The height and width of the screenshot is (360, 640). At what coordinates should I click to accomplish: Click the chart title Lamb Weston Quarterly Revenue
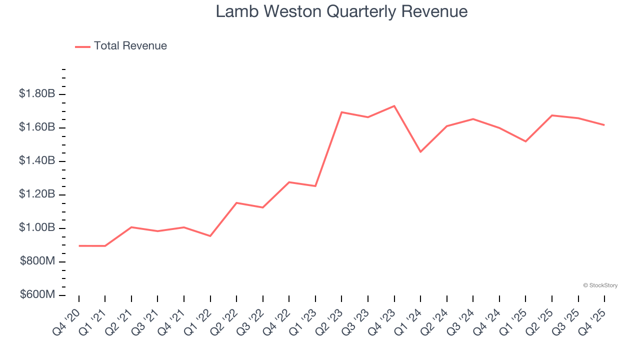click(x=341, y=11)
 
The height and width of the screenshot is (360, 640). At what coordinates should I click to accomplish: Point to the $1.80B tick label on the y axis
click(x=37, y=93)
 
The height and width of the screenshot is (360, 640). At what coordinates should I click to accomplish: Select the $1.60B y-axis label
click(x=37, y=127)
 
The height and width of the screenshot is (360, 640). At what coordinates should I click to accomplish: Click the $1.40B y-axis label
click(x=37, y=160)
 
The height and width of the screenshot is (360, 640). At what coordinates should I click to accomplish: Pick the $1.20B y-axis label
click(x=37, y=194)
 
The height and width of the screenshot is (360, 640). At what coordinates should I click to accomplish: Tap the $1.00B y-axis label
click(x=37, y=227)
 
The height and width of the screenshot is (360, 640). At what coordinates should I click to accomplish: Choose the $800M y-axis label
click(x=37, y=261)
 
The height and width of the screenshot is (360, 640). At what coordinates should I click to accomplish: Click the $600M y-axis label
click(x=37, y=294)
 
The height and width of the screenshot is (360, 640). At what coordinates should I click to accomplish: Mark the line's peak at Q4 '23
click(x=394, y=106)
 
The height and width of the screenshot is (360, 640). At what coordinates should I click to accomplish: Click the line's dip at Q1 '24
click(x=420, y=151)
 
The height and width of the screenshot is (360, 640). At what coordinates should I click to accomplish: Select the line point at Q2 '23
click(x=341, y=112)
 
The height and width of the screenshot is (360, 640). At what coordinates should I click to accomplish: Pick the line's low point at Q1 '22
click(x=210, y=236)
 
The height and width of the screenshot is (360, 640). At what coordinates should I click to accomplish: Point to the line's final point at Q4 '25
click(x=604, y=125)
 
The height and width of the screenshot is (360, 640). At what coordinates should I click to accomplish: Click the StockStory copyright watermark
click(x=600, y=285)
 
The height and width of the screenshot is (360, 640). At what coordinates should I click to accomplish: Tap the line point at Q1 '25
click(x=525, y=141)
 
